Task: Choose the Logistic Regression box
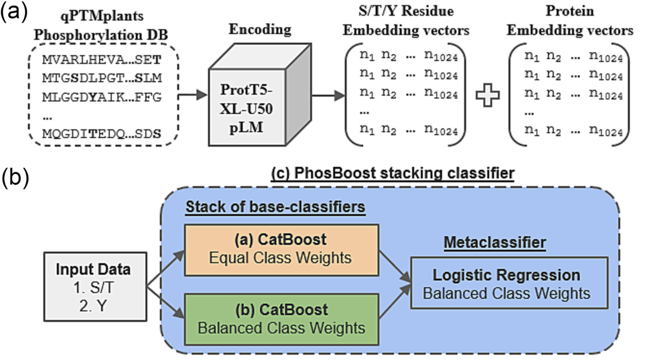(506, 283)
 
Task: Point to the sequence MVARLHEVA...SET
(101, 60)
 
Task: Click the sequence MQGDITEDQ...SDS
(101, 132)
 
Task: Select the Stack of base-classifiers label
(274, 208)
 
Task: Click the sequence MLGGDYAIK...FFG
(101, 96)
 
